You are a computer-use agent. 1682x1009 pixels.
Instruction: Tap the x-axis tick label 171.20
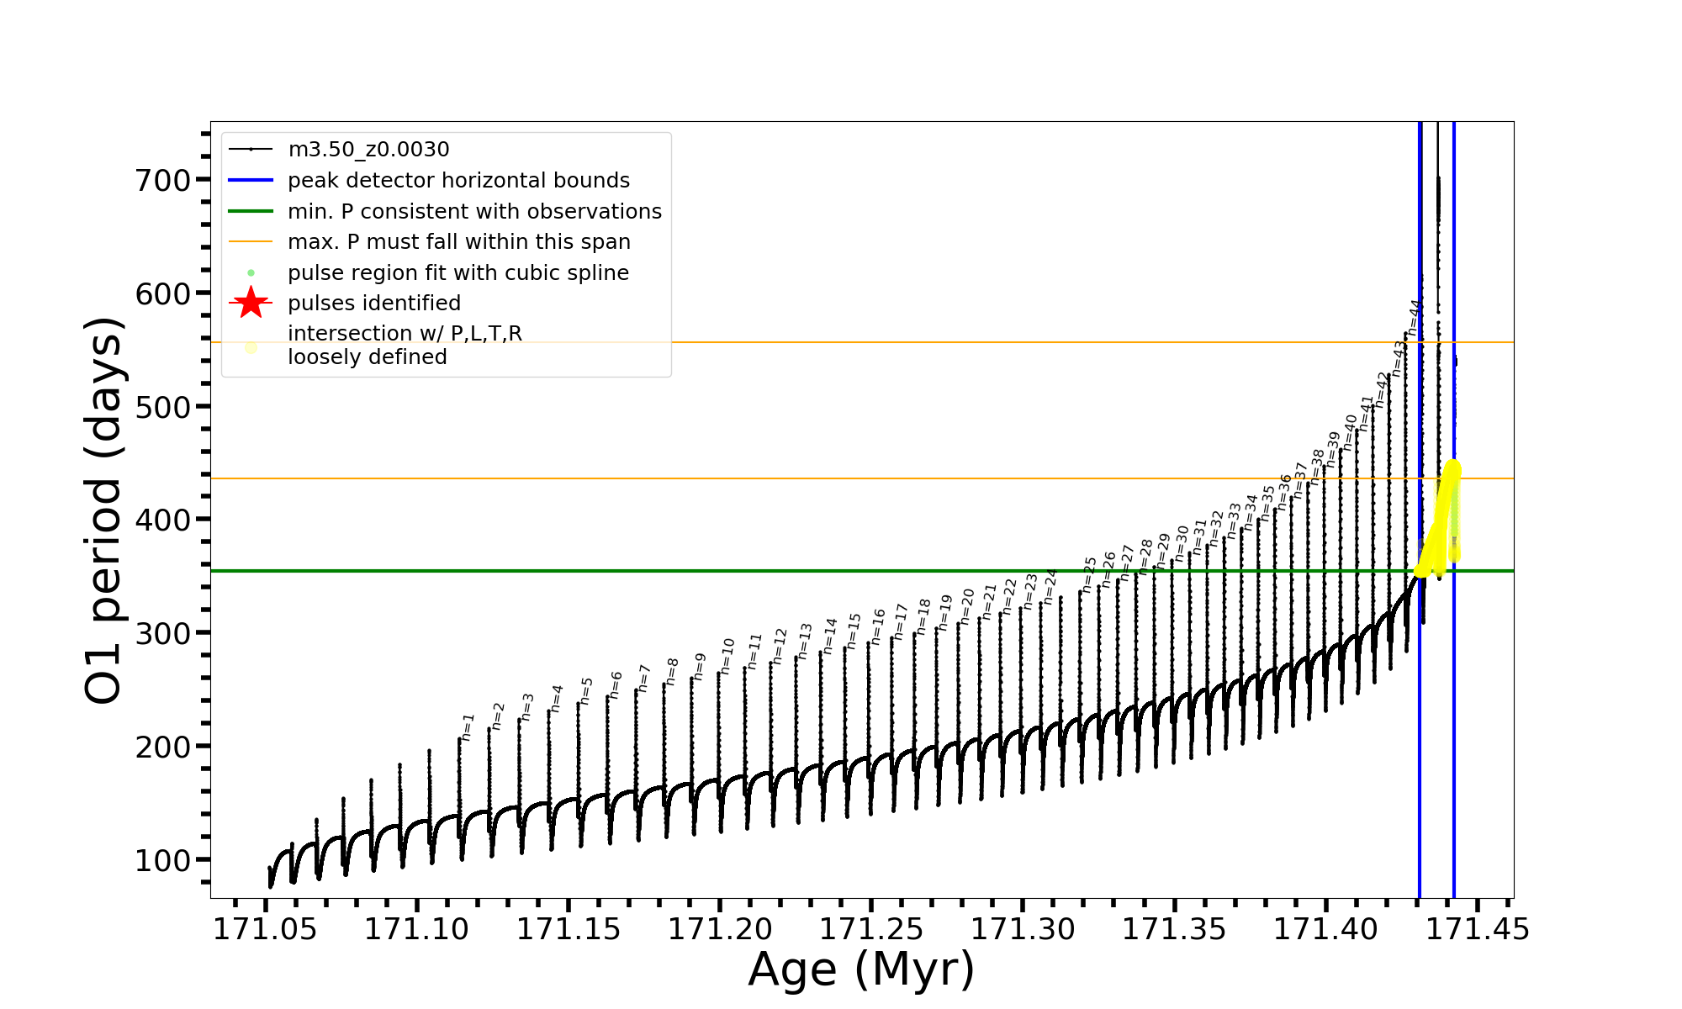pyautogui.click(x=720, y=929)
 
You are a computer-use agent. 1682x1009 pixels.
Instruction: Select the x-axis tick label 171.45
pyautogui.click(x=1478, y=929)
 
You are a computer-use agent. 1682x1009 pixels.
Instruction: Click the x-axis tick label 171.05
pyautogui.click(x=265, y=929)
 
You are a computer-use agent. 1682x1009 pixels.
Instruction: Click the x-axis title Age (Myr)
pyautogui.click(x=861, y=969)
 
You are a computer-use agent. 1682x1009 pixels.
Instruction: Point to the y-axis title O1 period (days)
pyautogui.click(x=104, y=510)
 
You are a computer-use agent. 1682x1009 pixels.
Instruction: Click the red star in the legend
pyautogui.click(x=251, y=304)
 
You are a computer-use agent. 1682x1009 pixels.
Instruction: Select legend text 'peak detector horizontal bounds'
pyautogui.click(x=458, y=181)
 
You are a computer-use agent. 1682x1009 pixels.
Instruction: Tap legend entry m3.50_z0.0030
pyautogui.click(x=368, y=150)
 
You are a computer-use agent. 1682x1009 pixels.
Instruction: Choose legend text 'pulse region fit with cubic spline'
pyautogui.click(x=458, y=273)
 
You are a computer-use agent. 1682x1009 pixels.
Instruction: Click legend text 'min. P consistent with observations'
pyautogui.click(x=474, y=211)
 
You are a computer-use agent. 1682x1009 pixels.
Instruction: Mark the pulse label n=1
pyautogui.click(x=468, y=727)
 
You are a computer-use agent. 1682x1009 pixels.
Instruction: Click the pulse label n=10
pyautogui.click(x=727, y=656)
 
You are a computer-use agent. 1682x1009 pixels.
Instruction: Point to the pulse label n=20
pyautogui.click(x=967, y=606)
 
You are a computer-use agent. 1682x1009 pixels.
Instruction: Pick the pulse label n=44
pyautogui.click(x=1415, y=317)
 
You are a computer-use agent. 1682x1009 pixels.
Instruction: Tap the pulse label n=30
pyautogui.click(x=1182, y=543)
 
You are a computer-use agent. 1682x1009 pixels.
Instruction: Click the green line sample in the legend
pyautogui.click(x=251, y=211)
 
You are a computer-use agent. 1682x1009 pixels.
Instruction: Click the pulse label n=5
pyautogui.click(x=587, y=690)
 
